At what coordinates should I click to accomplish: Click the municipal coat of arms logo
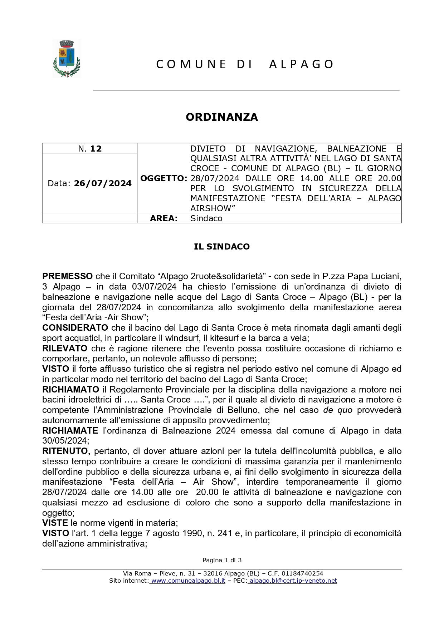click(67, 58)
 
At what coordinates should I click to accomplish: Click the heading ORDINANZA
click(222, 117)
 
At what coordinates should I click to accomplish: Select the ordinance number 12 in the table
click(96, 149)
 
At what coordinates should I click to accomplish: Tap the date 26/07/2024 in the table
click(103, 183)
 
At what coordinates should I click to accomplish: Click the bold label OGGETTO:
click(164, 178)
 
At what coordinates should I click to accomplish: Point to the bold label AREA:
click(164, 218)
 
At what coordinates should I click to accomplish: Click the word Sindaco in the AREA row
click(206, 218)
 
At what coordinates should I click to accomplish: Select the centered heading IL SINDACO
click(222, 247)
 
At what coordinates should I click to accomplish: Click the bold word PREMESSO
click(67, 276)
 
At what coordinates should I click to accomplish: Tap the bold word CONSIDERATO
click(75, 328)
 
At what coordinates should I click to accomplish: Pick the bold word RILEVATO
click(65, 349)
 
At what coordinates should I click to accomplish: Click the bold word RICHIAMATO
click(71, 390)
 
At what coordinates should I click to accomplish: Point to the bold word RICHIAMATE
click(70, 431)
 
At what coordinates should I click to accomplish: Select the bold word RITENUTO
click(65, 451)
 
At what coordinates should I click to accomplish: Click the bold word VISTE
click(55, 523)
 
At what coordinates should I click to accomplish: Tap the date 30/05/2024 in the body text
click(64, 441)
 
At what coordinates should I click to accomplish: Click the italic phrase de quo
click(338, 410)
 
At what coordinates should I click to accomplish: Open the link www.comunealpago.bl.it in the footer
click(188, 581)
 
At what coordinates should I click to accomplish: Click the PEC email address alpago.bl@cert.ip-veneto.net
click(293, 581)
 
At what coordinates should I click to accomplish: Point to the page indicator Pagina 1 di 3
click(222, 560)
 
